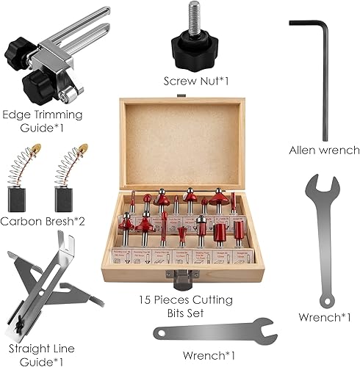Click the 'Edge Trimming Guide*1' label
pyautogui.click(x=43, y=121)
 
